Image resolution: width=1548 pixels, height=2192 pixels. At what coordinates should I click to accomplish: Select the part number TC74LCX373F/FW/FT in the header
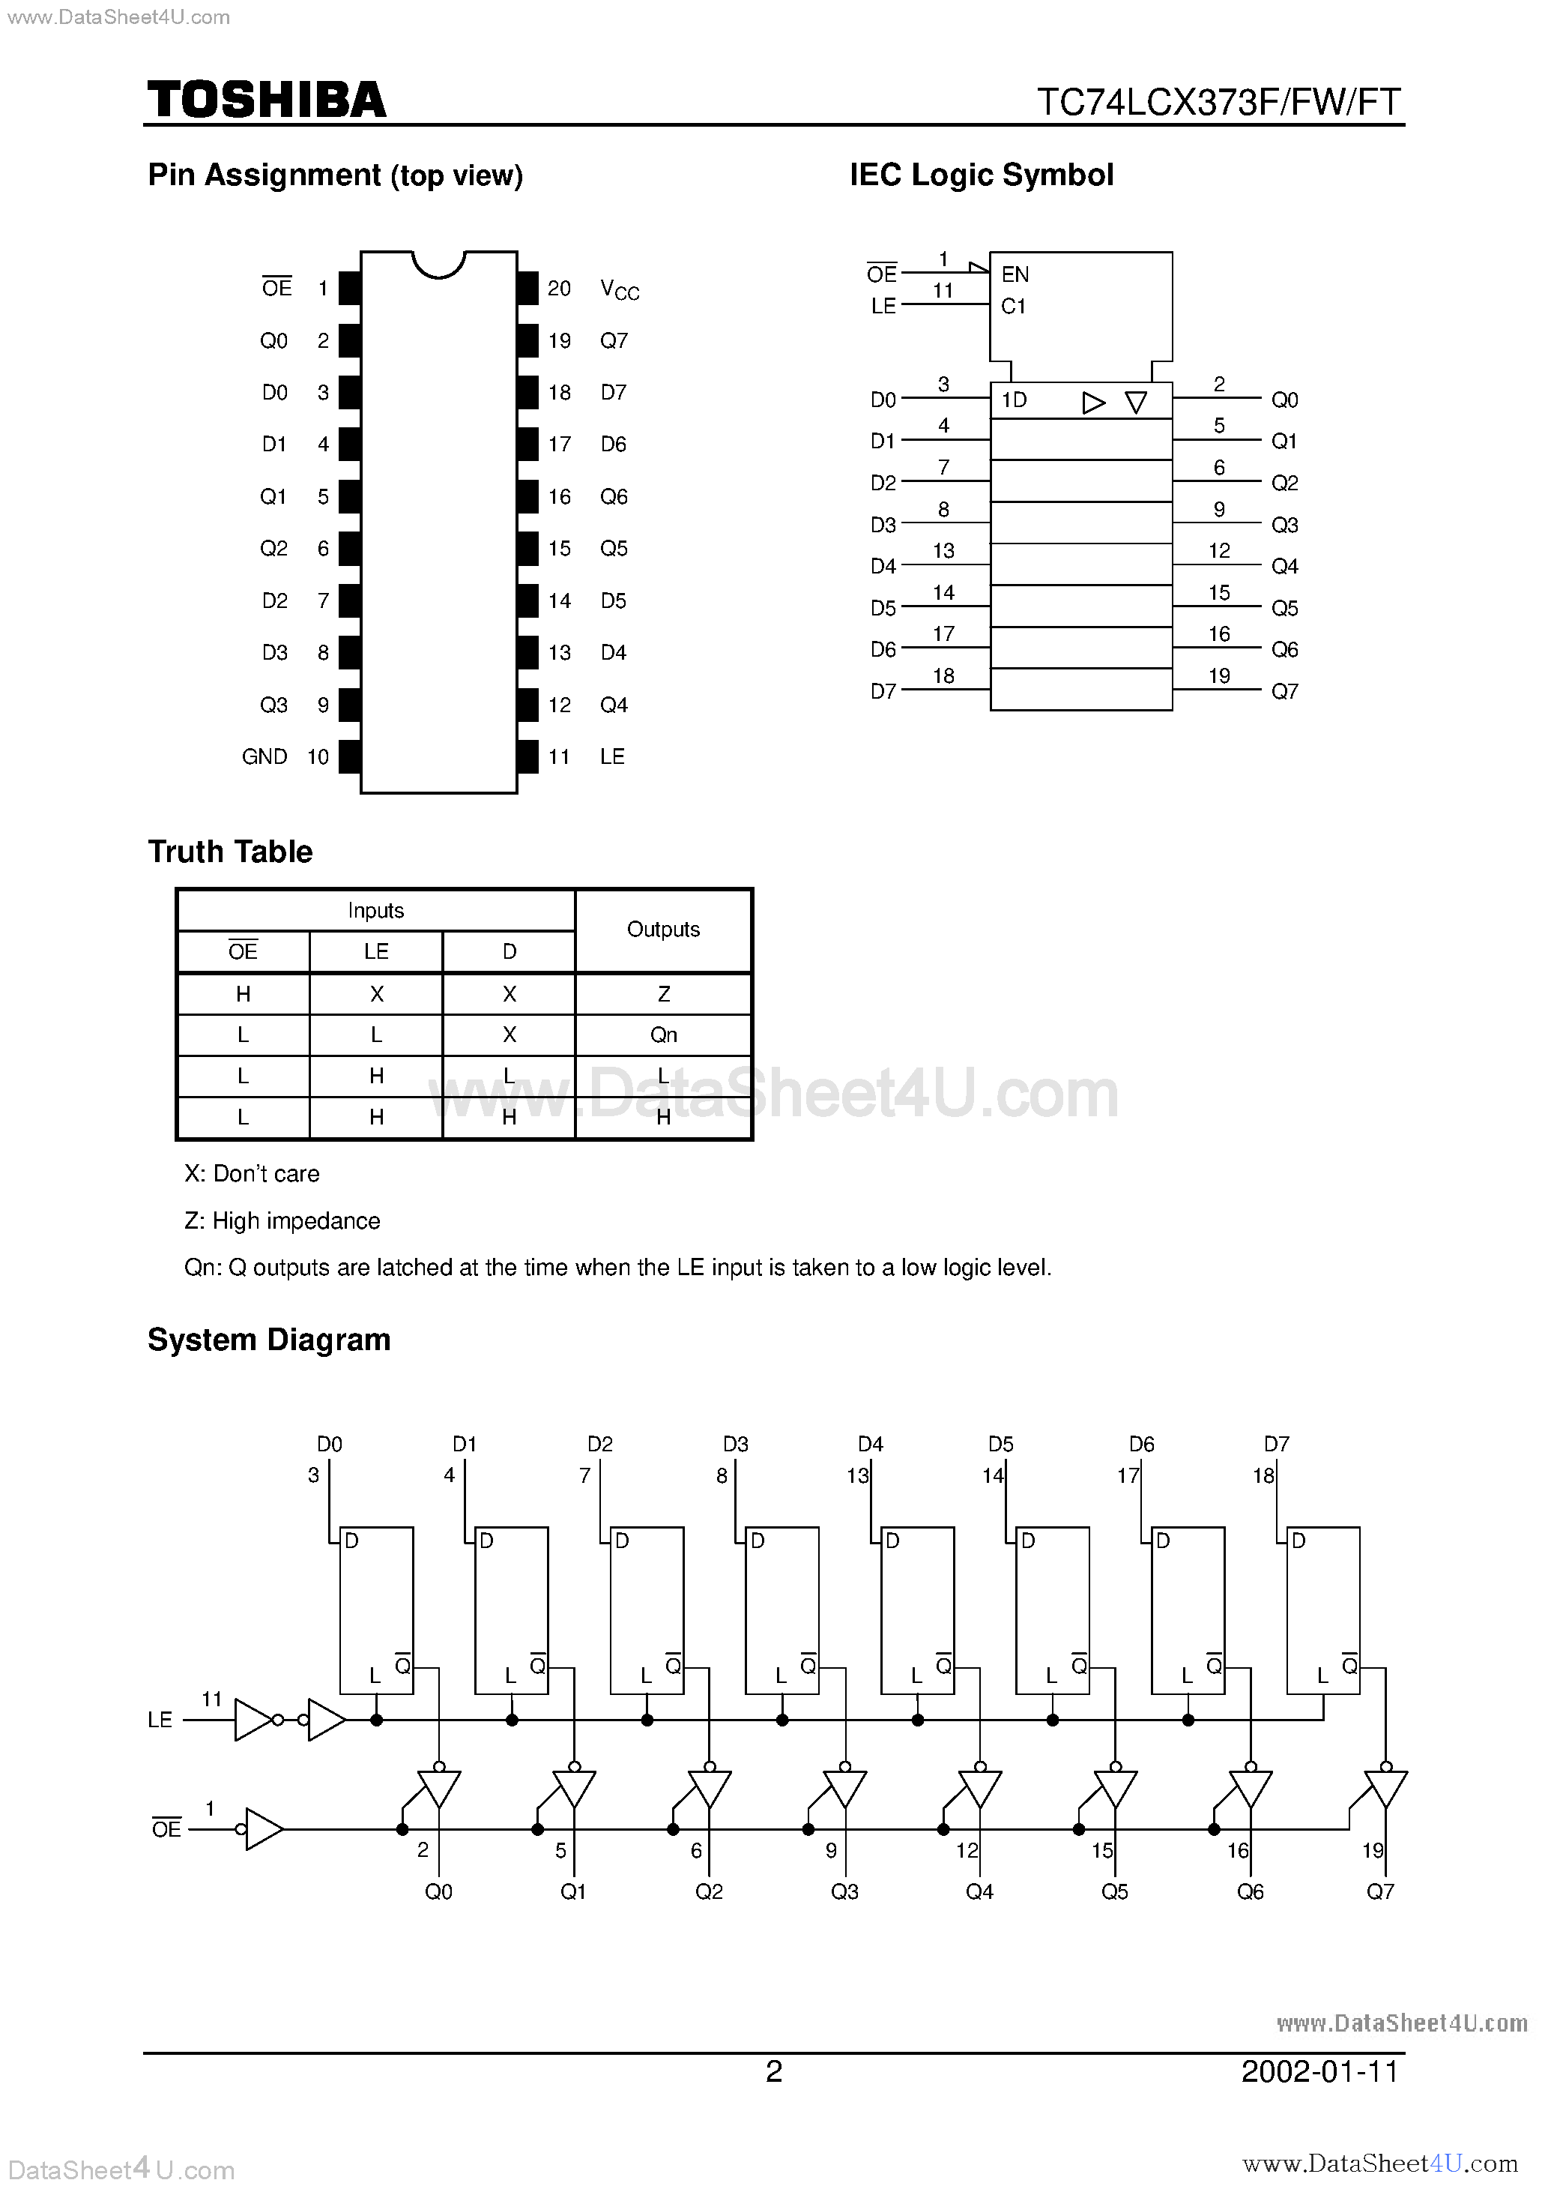1219,102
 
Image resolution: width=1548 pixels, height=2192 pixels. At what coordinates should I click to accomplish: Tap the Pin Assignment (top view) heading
335,175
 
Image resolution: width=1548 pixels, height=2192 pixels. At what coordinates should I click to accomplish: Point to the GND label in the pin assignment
264,757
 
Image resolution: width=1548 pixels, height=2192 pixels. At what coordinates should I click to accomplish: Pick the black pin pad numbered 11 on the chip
527,757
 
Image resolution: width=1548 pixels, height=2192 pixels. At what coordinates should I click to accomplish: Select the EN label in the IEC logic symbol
1015,275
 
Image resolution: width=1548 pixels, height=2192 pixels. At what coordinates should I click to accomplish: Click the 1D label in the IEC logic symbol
1014,400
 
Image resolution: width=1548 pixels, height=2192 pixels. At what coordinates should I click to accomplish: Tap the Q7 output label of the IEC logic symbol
1284,691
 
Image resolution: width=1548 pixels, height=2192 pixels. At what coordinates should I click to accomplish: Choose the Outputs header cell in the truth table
663,930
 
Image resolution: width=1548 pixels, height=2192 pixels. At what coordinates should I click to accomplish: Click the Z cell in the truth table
663,994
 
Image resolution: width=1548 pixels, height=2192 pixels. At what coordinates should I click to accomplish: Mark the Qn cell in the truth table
663,1035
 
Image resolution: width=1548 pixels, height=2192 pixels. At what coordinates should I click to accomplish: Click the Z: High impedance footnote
282,1221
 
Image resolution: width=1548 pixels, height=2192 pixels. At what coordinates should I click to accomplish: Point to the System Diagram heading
269,1340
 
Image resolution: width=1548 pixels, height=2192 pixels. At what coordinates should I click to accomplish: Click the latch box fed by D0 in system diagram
377,1610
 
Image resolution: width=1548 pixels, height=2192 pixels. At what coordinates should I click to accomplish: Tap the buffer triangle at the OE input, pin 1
264,1829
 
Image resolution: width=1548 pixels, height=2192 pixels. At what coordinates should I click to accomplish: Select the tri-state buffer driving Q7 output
1385,1789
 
